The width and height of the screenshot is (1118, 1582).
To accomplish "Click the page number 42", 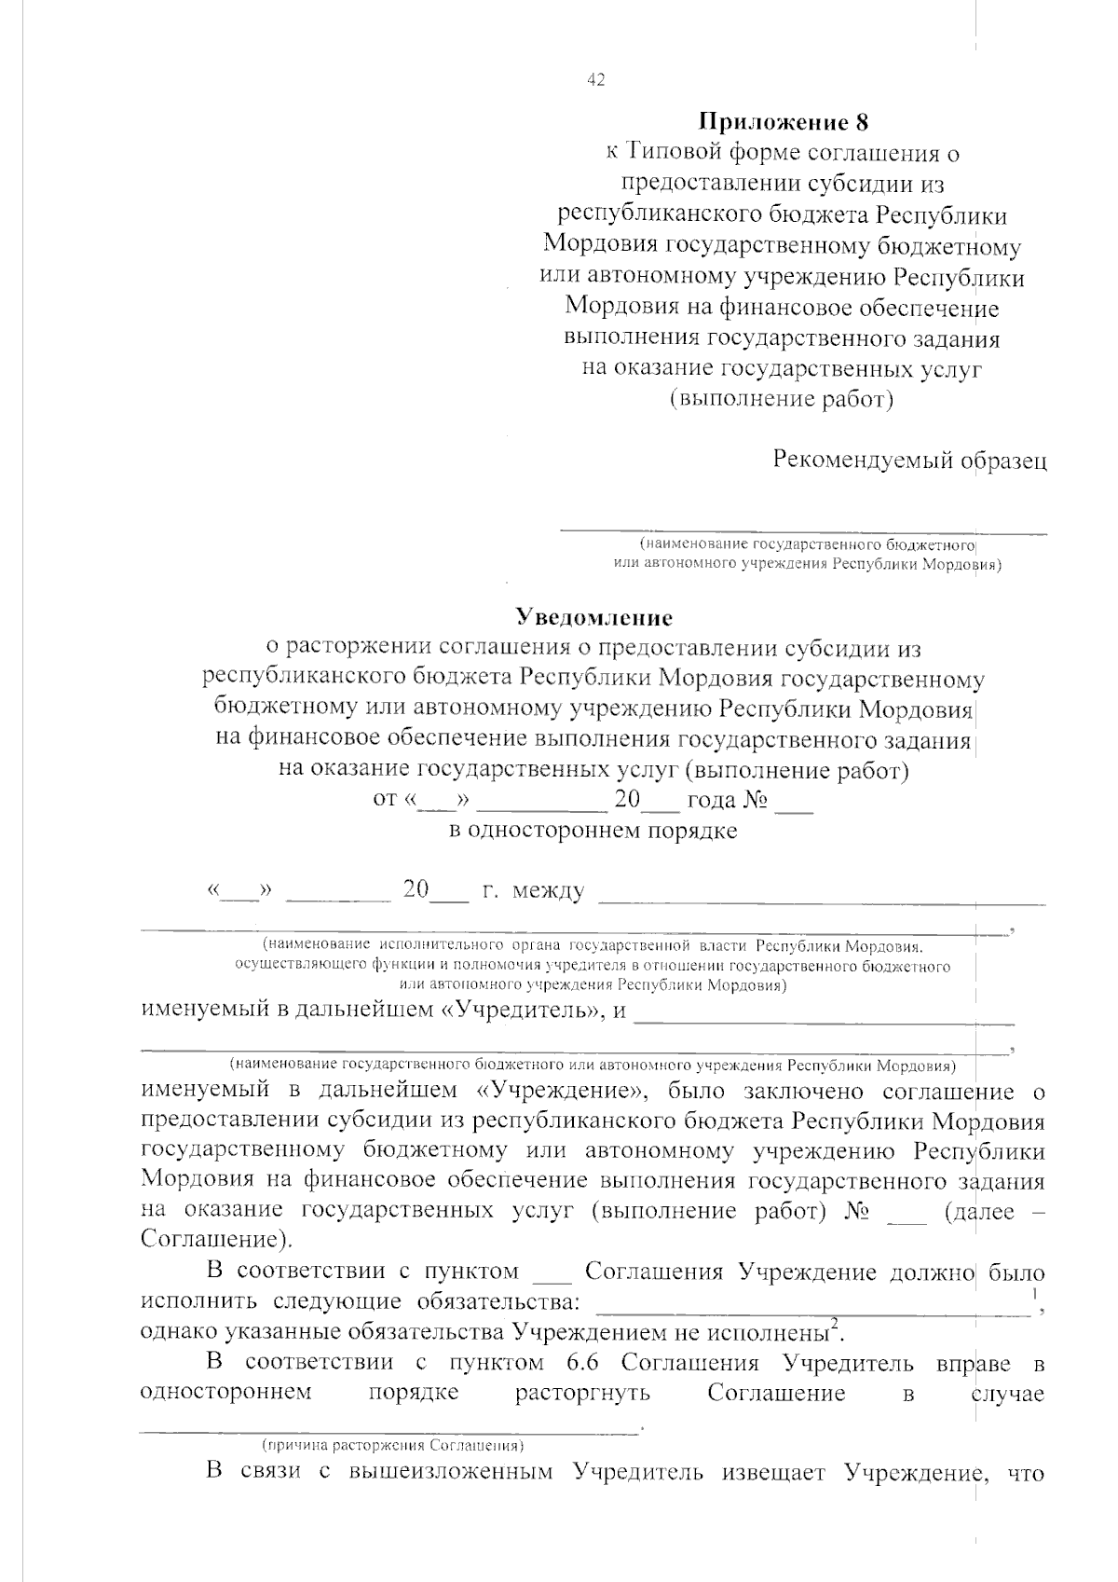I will pyautogui.click(x=595, y=80).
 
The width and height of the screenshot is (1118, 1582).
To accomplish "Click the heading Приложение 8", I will pyautogui.click(x=783, y=122).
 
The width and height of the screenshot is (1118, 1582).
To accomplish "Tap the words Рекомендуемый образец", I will pyautogui.click(x=909, y=461).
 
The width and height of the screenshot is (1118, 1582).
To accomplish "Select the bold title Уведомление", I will pyautogui.click(x=594, y=617).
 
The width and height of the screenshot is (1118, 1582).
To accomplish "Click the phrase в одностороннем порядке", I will pyautogui.click(x=593, y=831).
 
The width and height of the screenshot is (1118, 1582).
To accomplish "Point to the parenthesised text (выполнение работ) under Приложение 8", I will pyautogui.click(x=783, y=400).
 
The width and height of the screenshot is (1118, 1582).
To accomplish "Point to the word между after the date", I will pyautogui.click(x=548, y=892).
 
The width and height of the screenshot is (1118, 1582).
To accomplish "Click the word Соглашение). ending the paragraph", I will pyautogui.click(x=214, y=1241).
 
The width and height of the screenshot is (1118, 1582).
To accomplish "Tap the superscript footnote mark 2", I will pyautogui.click(x=836, y=1324).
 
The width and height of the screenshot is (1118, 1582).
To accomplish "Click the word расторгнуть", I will pyautogui.click(x=582, y=1394).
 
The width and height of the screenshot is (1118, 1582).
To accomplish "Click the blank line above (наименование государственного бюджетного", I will pyautogui.click(x=801, y=532).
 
